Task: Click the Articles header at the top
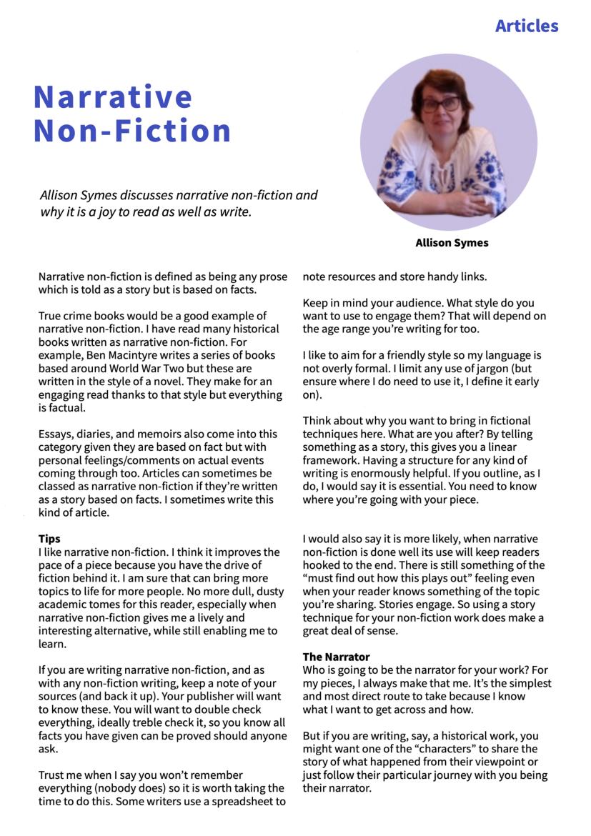pos(526,26)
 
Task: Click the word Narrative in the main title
pos(113,96)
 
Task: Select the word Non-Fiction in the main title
pos(132,131)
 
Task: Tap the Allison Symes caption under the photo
pos(452,243)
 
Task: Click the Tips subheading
pos(49,539)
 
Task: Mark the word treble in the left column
pos(164,724)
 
